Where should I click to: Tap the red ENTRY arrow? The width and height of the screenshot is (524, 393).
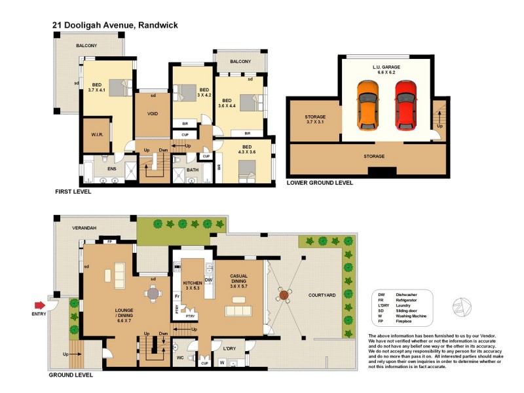pos(41,305)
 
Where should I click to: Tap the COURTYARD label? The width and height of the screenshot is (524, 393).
pos(322,295)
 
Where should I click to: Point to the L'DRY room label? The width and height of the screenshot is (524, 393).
pos(219,348)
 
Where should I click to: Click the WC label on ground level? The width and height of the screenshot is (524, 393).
pos(179,359)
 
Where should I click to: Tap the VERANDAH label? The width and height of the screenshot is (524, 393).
pos(84,227)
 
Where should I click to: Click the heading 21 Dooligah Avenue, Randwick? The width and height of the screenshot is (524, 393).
pos(115,25)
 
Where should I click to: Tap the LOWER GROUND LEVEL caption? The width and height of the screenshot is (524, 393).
pos(320,183)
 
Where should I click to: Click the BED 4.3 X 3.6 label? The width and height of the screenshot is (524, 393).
pos(247,150)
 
